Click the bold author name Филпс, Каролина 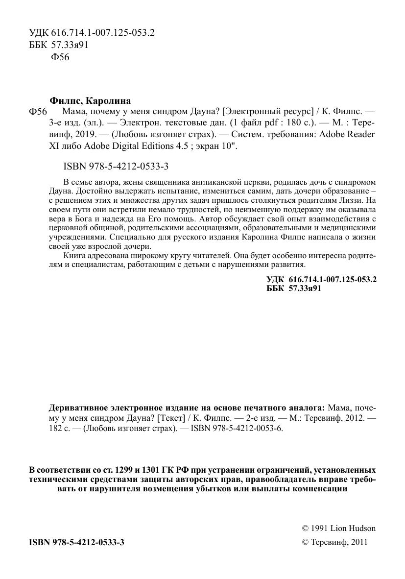point(91,101)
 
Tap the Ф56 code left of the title point(38,112)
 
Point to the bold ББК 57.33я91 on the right point(293,289)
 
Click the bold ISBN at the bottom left point(77,542)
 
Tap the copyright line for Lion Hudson point(339,529)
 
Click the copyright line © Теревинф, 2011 point(334,542)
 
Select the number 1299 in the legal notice point(133,469)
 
